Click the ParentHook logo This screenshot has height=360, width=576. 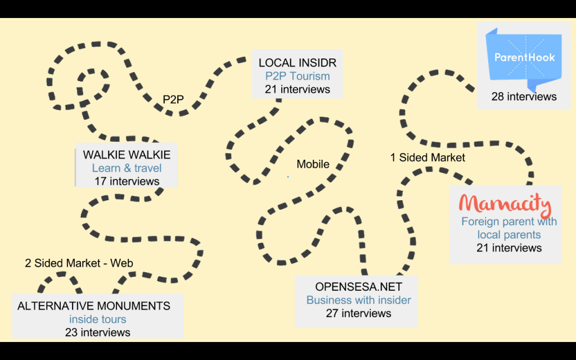[524, 57]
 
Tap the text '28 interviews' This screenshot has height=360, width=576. [524, 97]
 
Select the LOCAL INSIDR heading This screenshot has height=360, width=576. [297, 62]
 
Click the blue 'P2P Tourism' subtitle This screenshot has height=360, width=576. [298, 76]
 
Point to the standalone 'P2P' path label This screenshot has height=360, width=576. [173, 100]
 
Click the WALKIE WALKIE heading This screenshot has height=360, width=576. [127, 155]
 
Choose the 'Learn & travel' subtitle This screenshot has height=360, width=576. [127, 168]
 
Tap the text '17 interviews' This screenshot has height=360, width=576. [127, 181]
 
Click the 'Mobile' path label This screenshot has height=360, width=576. [313, 164]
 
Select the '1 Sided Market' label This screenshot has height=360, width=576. [427, 157]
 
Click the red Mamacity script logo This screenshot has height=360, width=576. [505, 205]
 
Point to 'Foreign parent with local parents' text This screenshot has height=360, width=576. [509, 228]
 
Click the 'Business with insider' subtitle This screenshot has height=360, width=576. [358, 300]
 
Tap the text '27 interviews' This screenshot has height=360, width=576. [358, 313]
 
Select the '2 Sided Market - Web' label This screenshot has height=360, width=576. [79, 263]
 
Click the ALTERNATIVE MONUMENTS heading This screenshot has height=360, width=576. [94, 306]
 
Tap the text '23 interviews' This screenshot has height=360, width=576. [97, 332]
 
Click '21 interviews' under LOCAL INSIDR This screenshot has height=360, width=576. [298, 89]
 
